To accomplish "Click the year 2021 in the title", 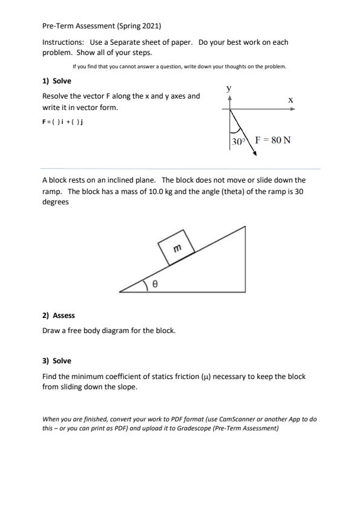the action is [x=151, y=26].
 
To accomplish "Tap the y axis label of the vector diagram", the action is [x=229, y=88].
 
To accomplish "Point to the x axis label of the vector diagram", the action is [x=290, y=100].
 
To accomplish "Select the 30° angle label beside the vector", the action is [x=238, y=141].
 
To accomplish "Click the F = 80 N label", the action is [x=273, y=140].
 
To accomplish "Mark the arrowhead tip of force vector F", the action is [x=257, y=155].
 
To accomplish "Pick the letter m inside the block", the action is [x=177, y=248].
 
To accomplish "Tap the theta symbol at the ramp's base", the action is [x=155, y=284].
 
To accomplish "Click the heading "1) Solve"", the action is [x=56, y=81].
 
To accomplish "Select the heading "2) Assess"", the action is [x=59, y=316].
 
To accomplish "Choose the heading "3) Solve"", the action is [x=56, y=361].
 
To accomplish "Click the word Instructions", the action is [x=63, y=42].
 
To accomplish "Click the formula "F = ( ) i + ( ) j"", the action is [x=62, y=122].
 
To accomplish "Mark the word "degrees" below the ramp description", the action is [x=56, y=202].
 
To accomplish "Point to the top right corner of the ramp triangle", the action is [x=245, y=227].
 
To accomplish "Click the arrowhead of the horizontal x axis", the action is [x=293, y=109].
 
